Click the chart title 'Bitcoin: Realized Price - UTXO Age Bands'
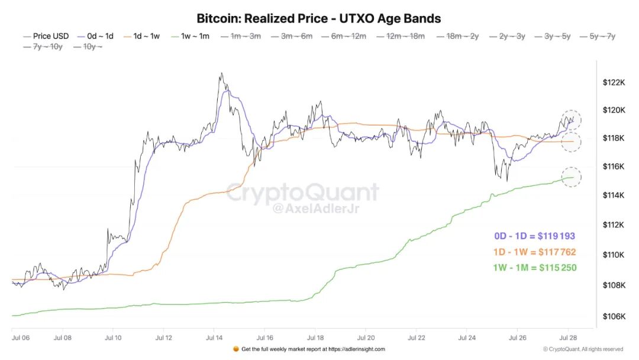pos(319,18)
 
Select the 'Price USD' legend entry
pos(46,36)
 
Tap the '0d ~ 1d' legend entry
pos(95,36)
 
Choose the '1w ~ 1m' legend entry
pos(191,36)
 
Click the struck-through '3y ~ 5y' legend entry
pos(553,36)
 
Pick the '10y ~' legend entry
pos(88,47)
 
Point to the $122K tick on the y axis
pos(614,83)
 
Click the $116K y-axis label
pos(614,166)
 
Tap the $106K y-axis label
pos(614,316)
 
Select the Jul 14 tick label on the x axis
pos(214,338)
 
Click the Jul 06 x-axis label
pos(21,338)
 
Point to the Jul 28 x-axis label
pos(568,338)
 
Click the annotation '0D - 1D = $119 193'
pos(535,236)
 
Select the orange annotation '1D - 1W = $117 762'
pos(535,252)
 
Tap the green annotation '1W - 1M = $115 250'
pos(535,268)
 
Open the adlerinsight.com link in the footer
pos(357,349)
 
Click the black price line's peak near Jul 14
pos(221,73)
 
